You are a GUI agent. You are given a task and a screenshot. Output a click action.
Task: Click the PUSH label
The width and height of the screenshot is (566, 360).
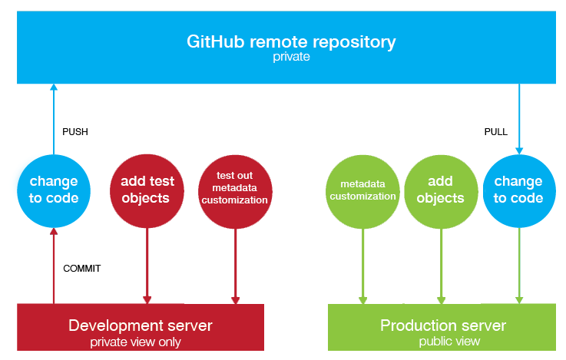(75, 132)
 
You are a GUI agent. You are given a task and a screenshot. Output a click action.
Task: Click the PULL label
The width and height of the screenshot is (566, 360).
(495, 132)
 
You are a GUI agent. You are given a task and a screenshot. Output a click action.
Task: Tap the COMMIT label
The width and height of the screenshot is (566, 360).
(82, 269)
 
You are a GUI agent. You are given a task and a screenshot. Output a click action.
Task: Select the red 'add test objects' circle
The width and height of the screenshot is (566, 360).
(147, 191)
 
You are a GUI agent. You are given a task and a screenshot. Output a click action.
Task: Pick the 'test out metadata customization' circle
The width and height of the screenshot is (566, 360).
(235, 192)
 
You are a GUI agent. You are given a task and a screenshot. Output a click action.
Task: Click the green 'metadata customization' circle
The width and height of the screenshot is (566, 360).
(362, 192)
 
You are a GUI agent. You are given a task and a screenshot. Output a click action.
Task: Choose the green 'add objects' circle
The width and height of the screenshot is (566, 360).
(441, 192)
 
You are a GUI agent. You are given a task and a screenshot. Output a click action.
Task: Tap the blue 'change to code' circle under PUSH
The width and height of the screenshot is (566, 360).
(54, 191)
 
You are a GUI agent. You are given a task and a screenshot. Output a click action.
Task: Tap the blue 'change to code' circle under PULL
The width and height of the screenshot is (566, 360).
(519, 191)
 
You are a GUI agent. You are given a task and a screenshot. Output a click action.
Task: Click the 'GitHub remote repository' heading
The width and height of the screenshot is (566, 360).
(291, 42)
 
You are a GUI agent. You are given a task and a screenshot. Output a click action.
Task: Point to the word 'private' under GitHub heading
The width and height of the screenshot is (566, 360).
(291, 57)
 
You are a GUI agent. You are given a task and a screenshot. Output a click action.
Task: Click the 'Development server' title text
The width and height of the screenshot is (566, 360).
(141, 325)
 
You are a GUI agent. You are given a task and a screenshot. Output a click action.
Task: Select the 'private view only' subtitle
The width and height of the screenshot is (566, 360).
(135, 342)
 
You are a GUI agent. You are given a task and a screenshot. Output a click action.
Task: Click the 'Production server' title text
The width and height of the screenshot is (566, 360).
(443, 325)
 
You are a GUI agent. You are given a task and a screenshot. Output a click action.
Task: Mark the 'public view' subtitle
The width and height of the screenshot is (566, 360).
(449, 342)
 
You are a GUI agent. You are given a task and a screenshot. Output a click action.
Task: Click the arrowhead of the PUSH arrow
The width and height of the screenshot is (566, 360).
(54, 87)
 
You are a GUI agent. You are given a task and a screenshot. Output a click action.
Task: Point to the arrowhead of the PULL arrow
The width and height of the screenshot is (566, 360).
(519, 150)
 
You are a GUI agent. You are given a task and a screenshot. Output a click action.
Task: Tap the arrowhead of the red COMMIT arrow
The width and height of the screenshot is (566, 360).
(54, 232)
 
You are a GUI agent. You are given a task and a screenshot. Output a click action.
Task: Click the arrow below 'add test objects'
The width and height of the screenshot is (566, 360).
(147, 266)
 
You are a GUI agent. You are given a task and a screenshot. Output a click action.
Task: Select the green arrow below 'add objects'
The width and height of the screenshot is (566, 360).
(441, 266)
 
